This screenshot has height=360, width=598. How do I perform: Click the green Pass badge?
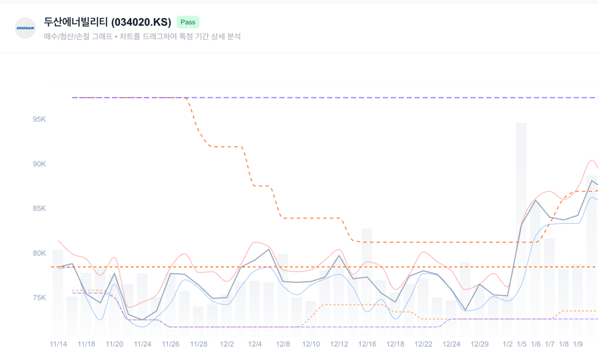click(x=188, y=22)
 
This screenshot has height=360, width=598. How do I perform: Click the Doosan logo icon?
click(x=25, y=28)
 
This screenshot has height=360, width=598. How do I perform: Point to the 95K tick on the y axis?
click(x=39, y=120)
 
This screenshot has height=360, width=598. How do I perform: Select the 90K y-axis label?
click(x=39, y=164)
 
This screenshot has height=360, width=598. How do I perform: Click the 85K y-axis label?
click(x=39, y=209)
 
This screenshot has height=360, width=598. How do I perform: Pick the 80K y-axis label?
click(x=39, y=253)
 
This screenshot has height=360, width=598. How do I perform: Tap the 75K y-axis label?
click(x=39, y=298)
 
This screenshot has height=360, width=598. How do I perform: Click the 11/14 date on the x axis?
click(x=58, y=344)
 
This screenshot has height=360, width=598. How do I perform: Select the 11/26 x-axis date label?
click(x=171, y=344)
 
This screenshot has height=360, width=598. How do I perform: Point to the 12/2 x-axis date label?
click(x=227, y=344)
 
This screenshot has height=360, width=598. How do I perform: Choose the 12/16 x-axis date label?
click(x=367, y=344)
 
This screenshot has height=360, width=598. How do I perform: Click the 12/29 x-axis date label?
click(x=480, y=344)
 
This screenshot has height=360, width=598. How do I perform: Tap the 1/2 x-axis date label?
click(x=508, y=344)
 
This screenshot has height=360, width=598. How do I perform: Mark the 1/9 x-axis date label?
click(x=578, y=344)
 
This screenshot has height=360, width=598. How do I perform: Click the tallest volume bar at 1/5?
click(x=522, y=226)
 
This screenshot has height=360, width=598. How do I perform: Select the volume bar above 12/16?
click(x=367, y=279)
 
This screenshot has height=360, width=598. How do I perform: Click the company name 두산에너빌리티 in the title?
click(x=76, y=23)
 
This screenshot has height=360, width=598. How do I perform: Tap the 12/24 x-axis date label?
click(x=451, y=344)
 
